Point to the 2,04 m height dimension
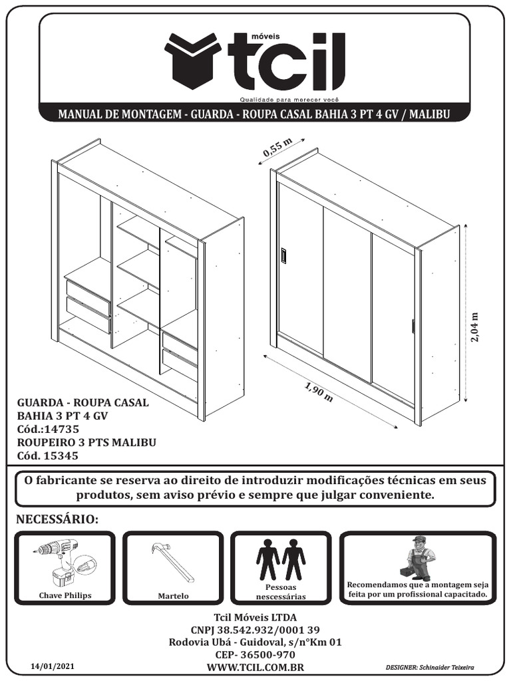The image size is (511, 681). (475, 327)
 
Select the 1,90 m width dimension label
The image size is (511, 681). (319, 393)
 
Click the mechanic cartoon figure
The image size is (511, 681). (418, 558)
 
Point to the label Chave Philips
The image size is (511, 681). (65, 595)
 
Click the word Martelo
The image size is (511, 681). (174, 596)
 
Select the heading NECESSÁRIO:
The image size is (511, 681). (57, 519)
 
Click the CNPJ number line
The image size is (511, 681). (255, 630)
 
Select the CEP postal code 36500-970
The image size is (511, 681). (255, 655)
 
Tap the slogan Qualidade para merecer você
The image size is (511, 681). (289, 100)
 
